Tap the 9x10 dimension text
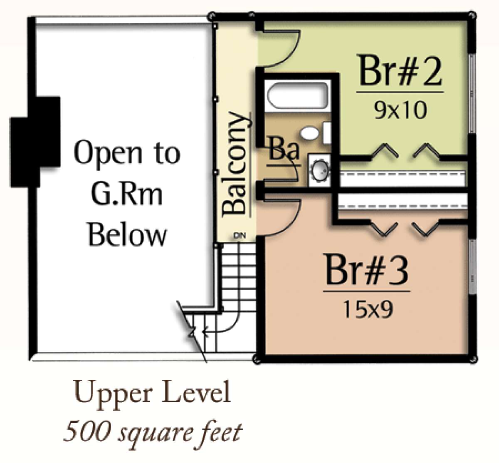pos(400,111)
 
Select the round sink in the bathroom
pos(321,168)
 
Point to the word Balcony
pos(235,163)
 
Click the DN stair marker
pos(240,236)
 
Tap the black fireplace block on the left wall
pos(35,142)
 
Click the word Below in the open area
pos(128,234)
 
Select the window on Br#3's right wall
pos(471,266)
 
